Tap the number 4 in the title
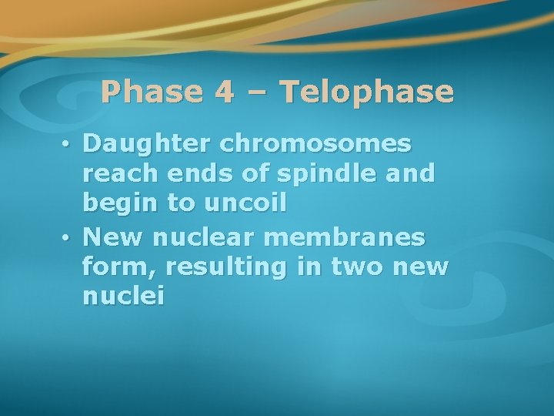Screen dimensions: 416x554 pos(224,92)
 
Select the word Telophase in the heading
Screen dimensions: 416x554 pos(368,92)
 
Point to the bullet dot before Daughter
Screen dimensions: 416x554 pos(68,145)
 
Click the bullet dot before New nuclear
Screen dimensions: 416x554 pos(68,238)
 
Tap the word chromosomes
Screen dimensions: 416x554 pos(315,144)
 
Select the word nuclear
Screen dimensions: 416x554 pos(200,237)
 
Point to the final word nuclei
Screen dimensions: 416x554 pos(123,297)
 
